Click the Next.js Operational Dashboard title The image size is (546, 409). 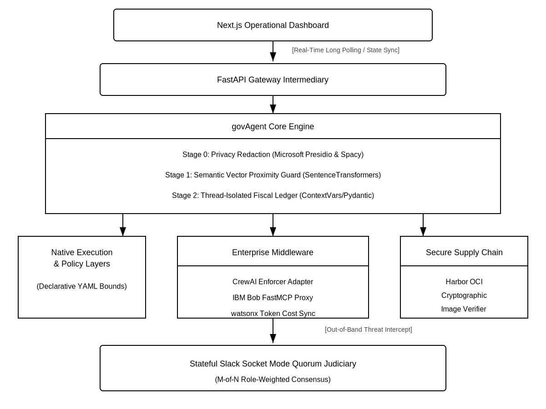tap(273, 25)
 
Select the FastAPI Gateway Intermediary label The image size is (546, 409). tap(273, 80)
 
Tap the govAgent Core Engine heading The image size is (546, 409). tap(273, 127)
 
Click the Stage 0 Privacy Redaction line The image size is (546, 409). tap(273, 155)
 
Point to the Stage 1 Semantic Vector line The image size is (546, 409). tap(273, 175)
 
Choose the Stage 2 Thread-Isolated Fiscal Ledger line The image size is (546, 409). tap(273, 195)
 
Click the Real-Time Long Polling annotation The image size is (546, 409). tap(346, 50)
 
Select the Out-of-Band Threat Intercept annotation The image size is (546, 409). tap(369, 329)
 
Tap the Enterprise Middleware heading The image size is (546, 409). tap(273, 252)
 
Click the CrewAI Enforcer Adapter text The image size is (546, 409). tap(273, 282)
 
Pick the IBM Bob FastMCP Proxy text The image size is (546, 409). tap(273, 298)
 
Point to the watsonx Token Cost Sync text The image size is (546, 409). tap(273, 314)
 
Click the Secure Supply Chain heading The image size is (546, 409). tap(464, 252)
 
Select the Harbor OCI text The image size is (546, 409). tap(464, 282)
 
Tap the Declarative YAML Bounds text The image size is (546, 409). tap(81, 286)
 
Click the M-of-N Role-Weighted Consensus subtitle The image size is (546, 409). tap(273, 379)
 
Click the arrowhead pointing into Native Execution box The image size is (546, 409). tap(123, 231)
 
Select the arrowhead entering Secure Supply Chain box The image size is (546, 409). tap(423, 231)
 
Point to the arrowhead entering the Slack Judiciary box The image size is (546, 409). tap(273, 339)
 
